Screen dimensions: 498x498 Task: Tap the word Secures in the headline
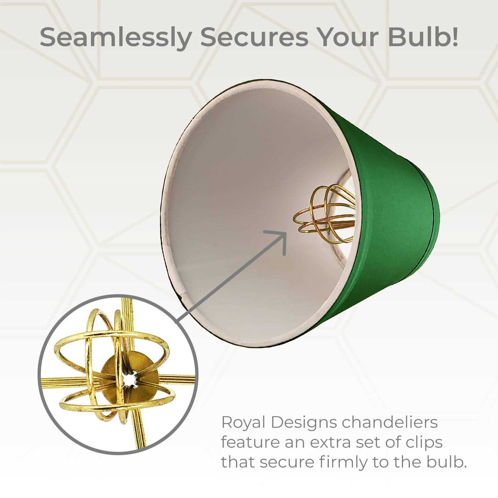coord(254,38)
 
